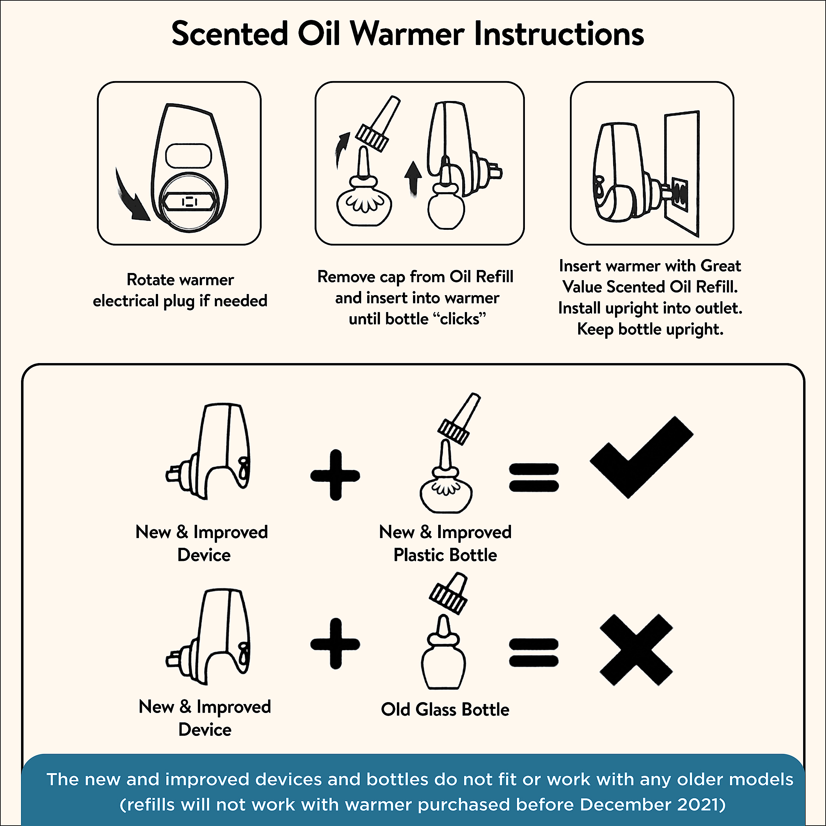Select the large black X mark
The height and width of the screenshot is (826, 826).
[x=636, y=650]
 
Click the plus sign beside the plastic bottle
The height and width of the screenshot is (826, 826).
[x=335, y=475]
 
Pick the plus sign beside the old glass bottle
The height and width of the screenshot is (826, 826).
[x=335, y=644]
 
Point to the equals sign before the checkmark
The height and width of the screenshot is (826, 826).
[x=534, y=478]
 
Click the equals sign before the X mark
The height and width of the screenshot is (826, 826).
[x=534, y=652]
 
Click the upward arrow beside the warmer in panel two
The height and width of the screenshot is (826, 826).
[x=413, y=179]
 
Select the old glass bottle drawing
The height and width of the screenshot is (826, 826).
[x=443, y=652]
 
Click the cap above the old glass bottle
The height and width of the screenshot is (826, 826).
[x=449, y=594]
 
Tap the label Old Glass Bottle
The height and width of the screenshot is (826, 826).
[x=445, y=709]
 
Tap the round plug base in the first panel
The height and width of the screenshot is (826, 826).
[x=188, y=202]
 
